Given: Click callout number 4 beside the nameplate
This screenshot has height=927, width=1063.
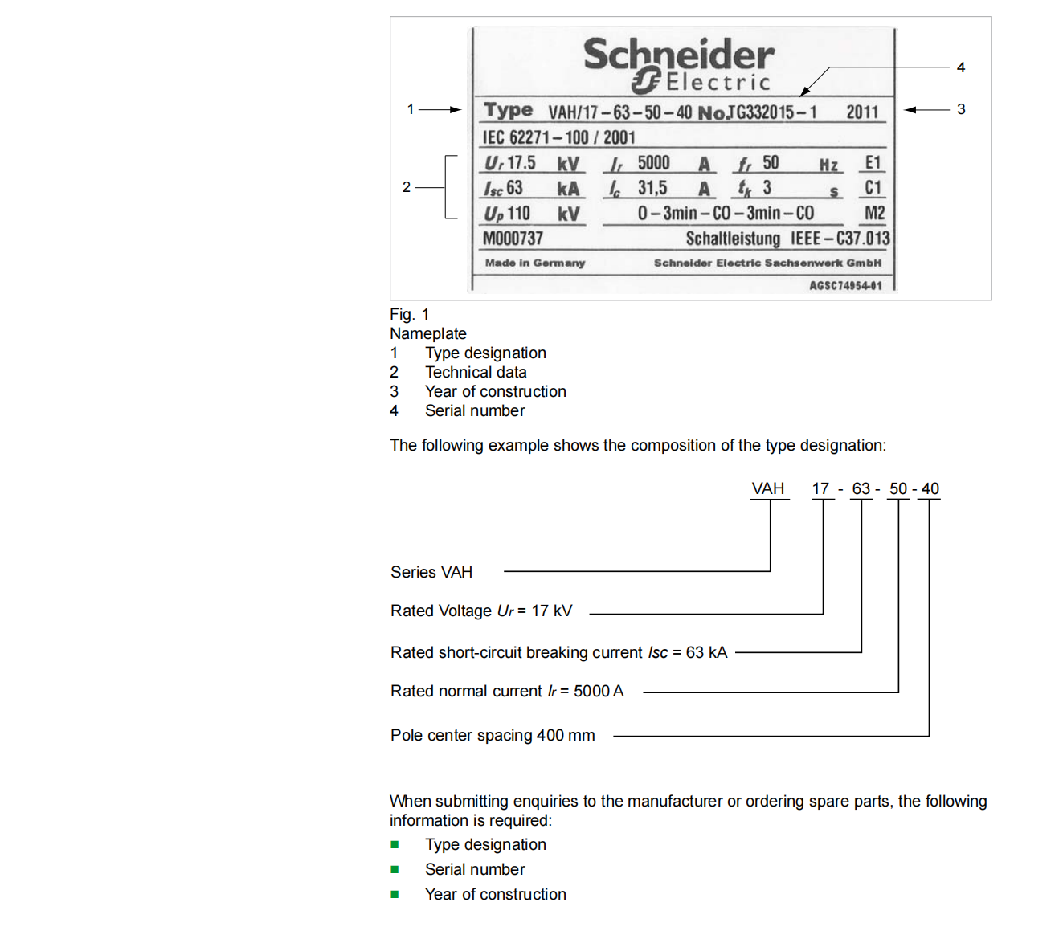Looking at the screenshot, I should (x=961, y=67).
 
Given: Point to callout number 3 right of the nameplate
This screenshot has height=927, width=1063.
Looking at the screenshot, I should (x=961, y=109).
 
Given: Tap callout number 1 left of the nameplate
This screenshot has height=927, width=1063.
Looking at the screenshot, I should (x=410, y=109).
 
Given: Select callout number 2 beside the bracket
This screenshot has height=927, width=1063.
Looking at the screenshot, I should (x=407, y=187).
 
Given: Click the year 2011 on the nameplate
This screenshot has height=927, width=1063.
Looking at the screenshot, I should (x=862, y=112).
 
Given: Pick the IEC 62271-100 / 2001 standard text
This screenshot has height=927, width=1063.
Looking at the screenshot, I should (x=558, y=137).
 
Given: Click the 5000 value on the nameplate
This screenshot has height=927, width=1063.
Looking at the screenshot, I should (x=653, y=163).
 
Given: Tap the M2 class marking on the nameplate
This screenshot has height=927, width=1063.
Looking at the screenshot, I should (x=874, y=213).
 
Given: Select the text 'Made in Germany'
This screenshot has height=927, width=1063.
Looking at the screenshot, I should (x=535, y=263).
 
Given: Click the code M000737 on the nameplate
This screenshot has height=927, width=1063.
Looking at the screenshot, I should (x=513, y=239).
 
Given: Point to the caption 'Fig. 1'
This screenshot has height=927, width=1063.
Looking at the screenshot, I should (x=410, y=314).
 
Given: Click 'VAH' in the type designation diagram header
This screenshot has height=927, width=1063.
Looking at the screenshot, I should (x=767, y=488).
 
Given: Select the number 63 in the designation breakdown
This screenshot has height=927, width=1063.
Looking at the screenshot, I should (x=861, y=488).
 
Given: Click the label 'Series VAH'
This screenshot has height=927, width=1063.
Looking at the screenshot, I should (x=431, y=572).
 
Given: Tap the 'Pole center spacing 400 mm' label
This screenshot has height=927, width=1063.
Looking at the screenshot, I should (x=493, y=735).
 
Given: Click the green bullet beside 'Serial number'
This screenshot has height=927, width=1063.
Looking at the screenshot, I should (x=395, y=869).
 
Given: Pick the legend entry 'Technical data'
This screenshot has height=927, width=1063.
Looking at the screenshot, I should (x=476, y=372).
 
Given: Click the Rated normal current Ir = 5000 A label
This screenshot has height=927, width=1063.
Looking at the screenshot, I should (x=507, y=691).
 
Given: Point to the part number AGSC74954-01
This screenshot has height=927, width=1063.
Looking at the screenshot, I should (x=845, y=286).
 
